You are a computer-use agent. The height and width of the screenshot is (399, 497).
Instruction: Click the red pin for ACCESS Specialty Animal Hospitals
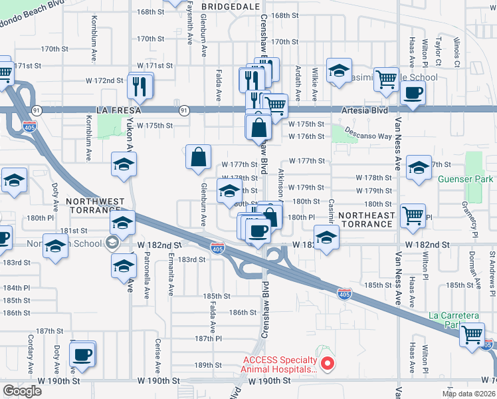pyautogui.click(x=326, y=363)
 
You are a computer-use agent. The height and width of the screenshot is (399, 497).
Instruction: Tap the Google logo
pyautogui.click(x=22, y=391)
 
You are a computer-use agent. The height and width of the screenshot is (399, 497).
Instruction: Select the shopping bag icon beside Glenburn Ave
pyautogui.click(x=199, y=158)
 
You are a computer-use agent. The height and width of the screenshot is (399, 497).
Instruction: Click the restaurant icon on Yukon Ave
pyautogui.click(x=140, y=85)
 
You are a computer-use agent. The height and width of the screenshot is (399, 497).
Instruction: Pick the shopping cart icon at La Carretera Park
pyautogui.click(x=472, y=334)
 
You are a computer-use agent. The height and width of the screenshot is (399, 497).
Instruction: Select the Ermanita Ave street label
pyautogui.click(x=171, y=274)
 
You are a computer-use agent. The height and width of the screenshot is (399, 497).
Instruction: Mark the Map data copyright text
pyautogui.click(x=468, y=393)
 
